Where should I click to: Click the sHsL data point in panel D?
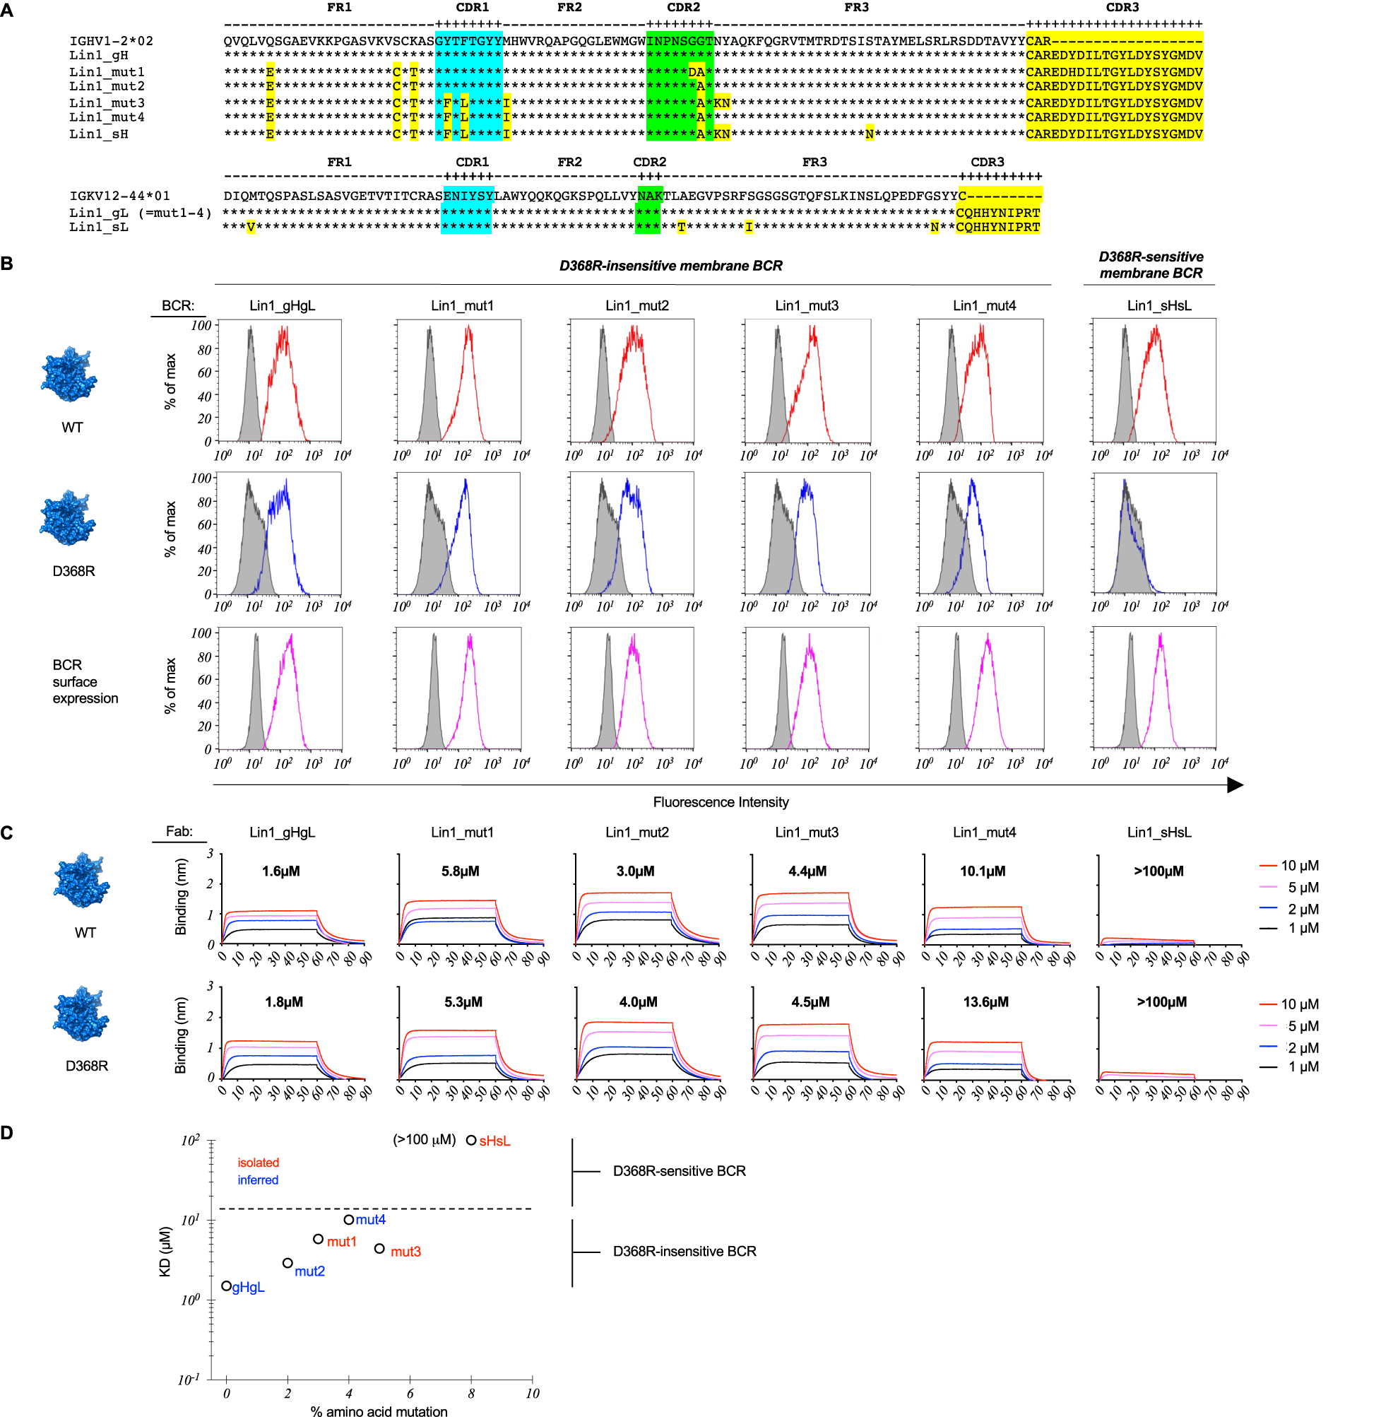470,1140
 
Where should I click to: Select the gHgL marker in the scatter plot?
226,1286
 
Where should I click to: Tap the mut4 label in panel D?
371,1220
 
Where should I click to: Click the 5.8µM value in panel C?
460,871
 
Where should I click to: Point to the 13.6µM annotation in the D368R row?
985,1001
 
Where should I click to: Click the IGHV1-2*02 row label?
111,40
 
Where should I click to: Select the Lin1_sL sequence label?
99,227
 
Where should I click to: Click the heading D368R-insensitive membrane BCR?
670,266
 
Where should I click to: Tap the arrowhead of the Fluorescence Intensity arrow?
1235,784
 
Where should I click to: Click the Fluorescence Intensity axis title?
721,801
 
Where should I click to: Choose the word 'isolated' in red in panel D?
259,1163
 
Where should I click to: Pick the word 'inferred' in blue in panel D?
258,1180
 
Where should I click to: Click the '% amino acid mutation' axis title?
379,1411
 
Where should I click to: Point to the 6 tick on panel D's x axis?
410,1392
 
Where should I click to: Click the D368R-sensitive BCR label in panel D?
679,1170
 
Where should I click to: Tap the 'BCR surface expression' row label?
85,681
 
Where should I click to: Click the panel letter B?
7,263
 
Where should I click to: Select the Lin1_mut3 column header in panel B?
807,305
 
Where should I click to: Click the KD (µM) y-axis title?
165,1251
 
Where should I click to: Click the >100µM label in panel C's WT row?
1158,871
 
